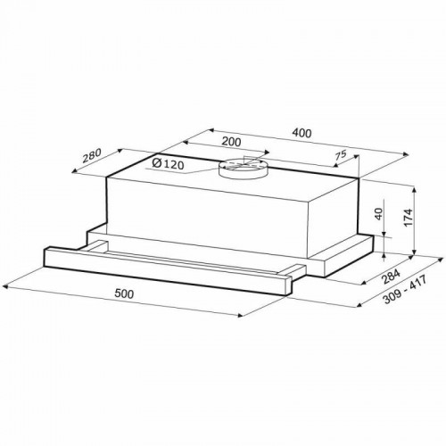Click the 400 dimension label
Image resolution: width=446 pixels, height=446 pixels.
coord(301,133)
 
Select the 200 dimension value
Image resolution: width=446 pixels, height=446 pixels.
coord(231,142)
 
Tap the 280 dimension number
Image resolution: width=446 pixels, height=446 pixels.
coord(92,155)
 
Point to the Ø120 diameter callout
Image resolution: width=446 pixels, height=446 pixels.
coord(168,163)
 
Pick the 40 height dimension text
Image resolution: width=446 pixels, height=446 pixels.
coord(378,214)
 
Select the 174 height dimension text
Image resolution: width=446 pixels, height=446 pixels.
coord(409,218)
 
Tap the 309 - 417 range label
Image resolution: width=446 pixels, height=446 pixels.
coord(405,290)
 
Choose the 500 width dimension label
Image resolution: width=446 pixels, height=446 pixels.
coord(124,293)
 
